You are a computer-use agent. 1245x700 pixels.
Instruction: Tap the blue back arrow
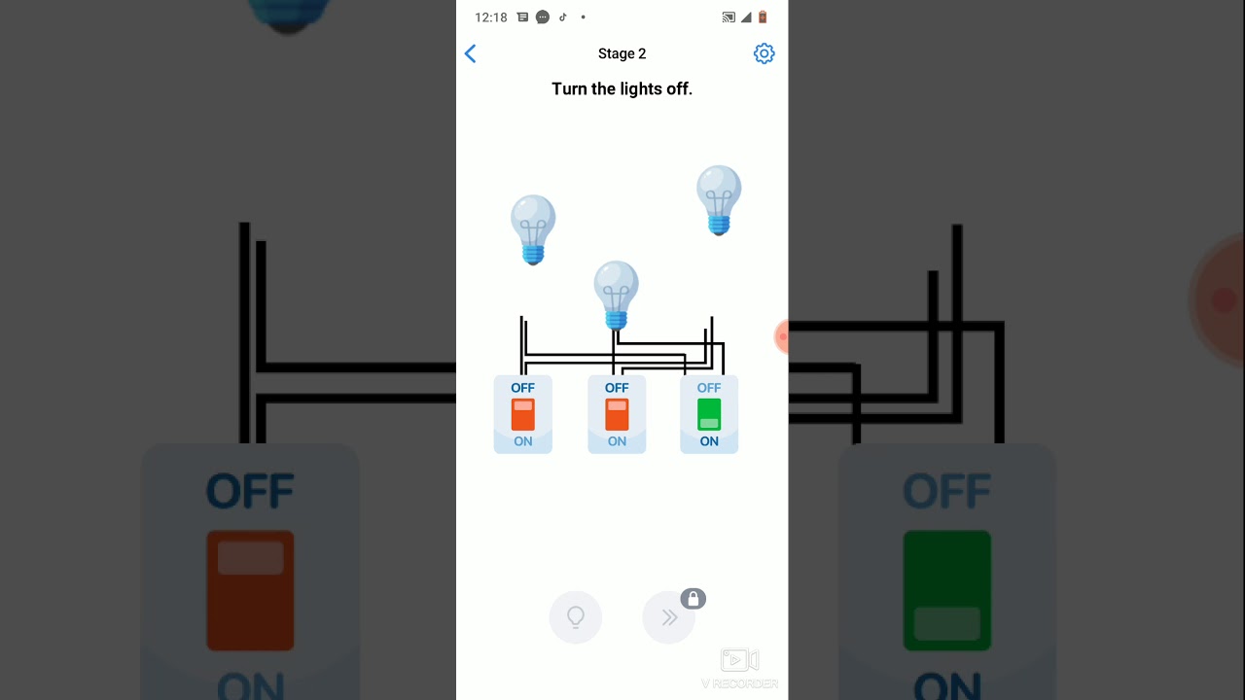(x=470, y=53)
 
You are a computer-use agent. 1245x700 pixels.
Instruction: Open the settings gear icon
(x=764, y=53)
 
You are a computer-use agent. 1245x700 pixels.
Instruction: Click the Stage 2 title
(x=622, y=53)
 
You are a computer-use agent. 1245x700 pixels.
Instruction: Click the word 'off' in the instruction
(x=679, y=88)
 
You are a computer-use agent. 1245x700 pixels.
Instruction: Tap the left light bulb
(x=533, y=229)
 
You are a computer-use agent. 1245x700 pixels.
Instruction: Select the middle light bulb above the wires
(x=616, y=296)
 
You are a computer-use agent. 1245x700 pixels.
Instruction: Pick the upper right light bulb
(x=719, y=200)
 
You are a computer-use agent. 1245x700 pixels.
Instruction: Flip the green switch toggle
(x=709, y=414)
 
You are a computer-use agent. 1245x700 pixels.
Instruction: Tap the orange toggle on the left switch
(x=523, y=414)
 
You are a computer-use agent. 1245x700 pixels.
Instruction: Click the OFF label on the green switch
(x=709, y=388)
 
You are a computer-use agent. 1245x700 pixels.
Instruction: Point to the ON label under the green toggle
(x=709, y=441)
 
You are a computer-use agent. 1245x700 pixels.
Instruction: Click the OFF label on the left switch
(x=523, y=388)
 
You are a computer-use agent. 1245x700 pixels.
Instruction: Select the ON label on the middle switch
(x=617, y=441)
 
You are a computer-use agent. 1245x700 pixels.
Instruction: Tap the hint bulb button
(x=575, y=617)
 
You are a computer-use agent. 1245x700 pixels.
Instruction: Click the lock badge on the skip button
(x=694, y=599)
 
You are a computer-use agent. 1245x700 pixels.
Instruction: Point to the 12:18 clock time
(x=491, y=17)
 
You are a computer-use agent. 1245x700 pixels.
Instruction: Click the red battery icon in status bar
(x=763, y=17)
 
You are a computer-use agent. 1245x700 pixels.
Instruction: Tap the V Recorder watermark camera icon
(x=740, y=660)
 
